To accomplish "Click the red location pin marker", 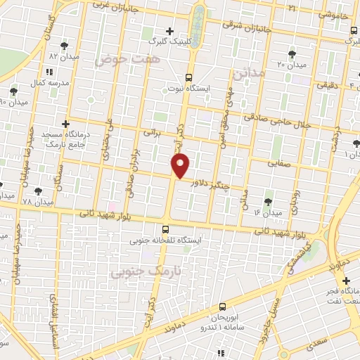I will coord(181,166).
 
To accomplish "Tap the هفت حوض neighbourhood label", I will coord(131,61).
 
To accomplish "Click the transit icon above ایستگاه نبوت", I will coord(188,77).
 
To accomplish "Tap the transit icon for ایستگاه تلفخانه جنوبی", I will coord(165,229).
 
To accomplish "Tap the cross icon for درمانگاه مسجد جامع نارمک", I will coord(65,123).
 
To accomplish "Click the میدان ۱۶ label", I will coord(268,212).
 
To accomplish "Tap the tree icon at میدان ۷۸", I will coord(37,191).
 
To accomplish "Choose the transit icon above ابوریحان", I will coord(222,306).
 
